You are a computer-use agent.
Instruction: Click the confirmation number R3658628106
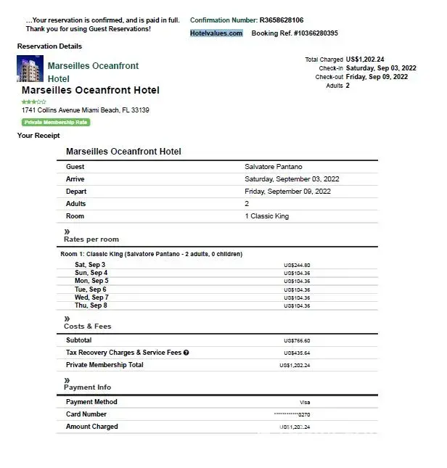pos(282,20)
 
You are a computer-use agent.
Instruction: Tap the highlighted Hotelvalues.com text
pos(216,33)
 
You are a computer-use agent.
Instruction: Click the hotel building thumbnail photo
pos(30,69)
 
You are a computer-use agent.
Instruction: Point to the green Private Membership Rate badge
pos(56,123)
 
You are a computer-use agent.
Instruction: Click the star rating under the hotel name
pos(33,102)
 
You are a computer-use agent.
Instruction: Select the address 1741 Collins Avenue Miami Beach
pos(86,110)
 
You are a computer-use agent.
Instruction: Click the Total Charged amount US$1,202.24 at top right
pos(365,59)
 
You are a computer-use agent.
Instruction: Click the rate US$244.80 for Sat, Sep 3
pos(297,265)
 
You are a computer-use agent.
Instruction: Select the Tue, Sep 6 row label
pos(91,290)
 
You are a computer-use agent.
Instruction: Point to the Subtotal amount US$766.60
pos(297,340)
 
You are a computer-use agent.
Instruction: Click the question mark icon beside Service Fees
pos(186,353)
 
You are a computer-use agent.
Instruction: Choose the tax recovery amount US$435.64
pos(297,353)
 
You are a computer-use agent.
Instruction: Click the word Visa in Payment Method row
pos(305,402)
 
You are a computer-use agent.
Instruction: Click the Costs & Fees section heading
pos(88,327)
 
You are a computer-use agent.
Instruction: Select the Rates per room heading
pos(91,239)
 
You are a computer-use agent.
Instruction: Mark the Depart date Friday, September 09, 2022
pos(287,192)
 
